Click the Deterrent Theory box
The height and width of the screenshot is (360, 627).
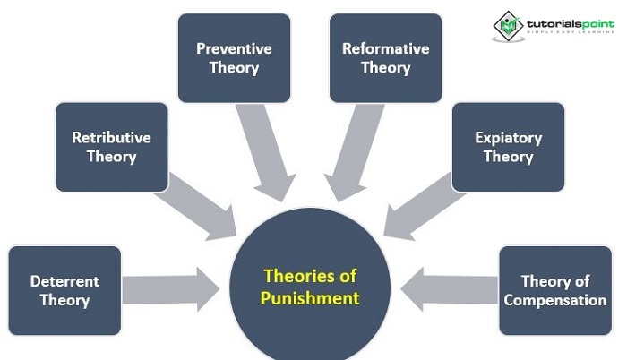click(x=64, y=290)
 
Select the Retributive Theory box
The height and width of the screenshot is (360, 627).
click(x=112, y=147)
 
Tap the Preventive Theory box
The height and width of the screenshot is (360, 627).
click(x=234, y=57)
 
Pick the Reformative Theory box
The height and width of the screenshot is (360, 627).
click(x=385, y=57)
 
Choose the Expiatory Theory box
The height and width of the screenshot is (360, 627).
click(x=508, y=147)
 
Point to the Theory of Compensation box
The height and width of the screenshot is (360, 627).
click(x=554, y=290)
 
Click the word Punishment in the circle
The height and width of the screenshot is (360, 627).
click(x=310, y=298)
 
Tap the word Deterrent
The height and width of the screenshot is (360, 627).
click(x=64, y=280)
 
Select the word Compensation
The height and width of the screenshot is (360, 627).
click(x=554, y=300)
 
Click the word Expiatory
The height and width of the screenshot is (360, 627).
click(x=508, y=138)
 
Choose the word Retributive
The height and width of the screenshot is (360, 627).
click(x=112, y=138)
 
